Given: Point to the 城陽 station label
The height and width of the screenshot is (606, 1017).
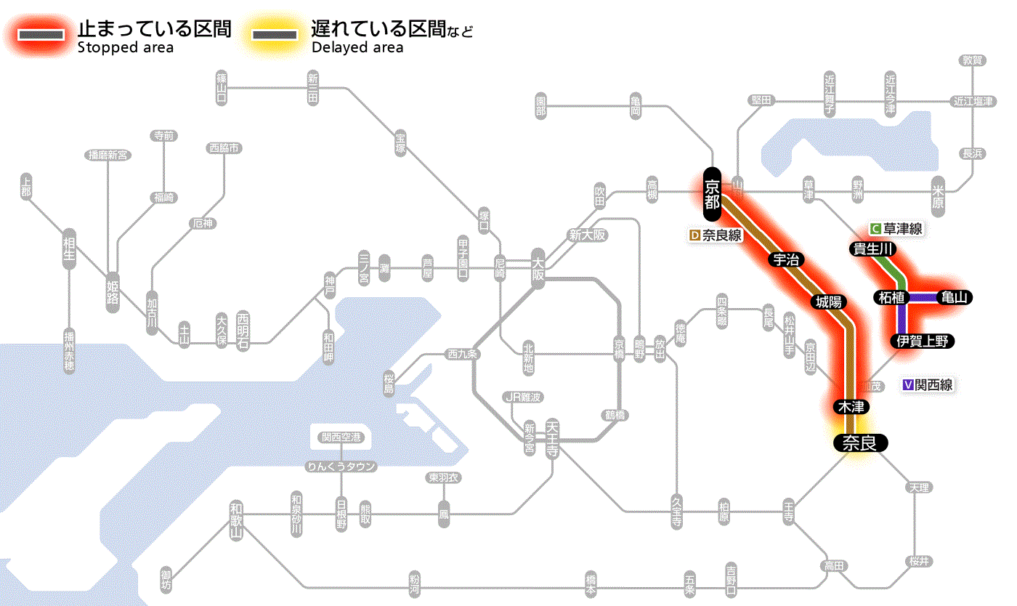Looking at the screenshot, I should (829, 301).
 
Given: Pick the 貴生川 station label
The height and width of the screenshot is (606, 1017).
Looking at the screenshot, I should (874, 249).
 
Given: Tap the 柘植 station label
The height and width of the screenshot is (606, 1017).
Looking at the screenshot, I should (891, 297).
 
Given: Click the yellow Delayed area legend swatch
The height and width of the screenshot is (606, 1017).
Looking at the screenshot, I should (275, 35).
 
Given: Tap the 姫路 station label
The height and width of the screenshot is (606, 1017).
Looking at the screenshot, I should (113, 292).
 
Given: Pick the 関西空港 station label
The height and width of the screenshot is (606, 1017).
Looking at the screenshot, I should (341, 437).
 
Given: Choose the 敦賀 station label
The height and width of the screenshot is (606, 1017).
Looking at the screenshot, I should (971, 60).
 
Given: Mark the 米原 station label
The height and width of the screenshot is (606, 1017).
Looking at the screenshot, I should (939, 196).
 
